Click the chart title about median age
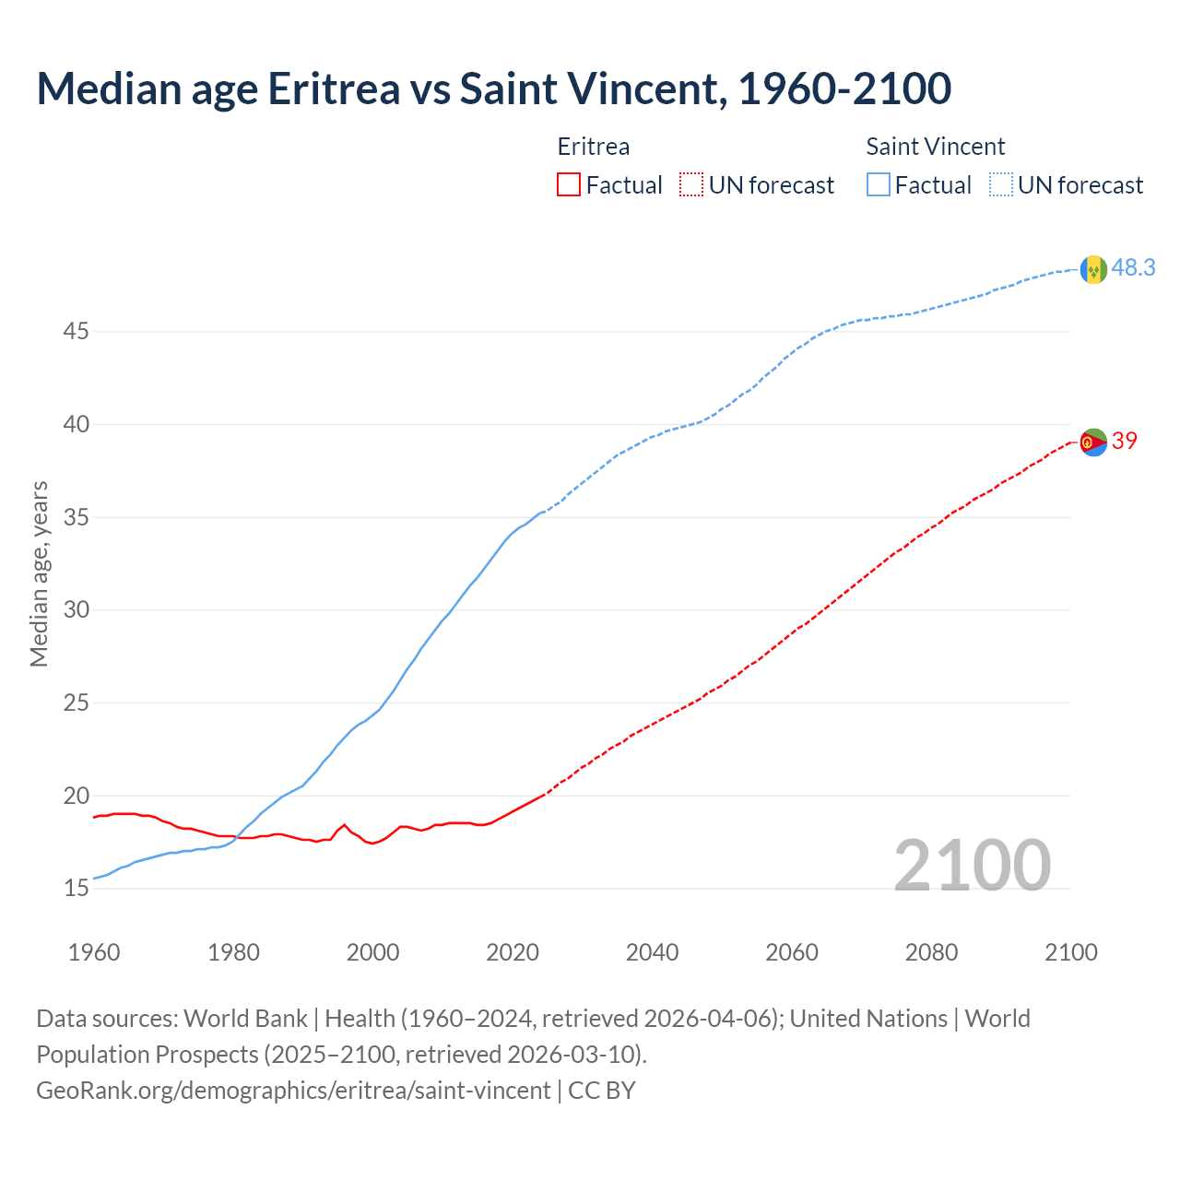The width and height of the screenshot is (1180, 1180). click(493, 89)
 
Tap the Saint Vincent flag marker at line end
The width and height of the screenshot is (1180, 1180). click(1093, 269)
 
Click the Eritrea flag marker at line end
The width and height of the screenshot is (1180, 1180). click(1093, 442)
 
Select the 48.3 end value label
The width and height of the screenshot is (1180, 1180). click(1133, 268)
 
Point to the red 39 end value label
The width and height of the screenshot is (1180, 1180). click(1125, 442)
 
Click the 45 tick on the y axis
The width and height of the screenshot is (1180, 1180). click(76, 331)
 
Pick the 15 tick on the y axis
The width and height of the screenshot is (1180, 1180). click(76, 889)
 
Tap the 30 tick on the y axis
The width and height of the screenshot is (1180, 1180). click(76, 610)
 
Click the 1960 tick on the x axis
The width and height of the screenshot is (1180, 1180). click(94, 952)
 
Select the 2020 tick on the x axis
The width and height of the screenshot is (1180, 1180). click(513, 952)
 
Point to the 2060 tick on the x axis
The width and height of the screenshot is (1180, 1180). click(792, 952)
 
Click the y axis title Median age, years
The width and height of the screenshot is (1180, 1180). click(39, 573)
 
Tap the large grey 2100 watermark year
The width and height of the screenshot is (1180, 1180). click(972, 866)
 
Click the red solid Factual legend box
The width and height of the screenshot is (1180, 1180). click(569, 185)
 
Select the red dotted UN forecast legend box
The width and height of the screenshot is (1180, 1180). click(691, 185)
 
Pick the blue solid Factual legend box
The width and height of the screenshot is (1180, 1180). click(879, 185)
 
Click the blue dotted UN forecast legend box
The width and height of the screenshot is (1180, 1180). click(1000, 185)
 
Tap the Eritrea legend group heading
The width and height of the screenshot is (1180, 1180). click(594, 147)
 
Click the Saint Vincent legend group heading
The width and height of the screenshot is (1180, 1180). click(935, 147)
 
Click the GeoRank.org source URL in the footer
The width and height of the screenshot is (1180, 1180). click(293, 1091)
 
